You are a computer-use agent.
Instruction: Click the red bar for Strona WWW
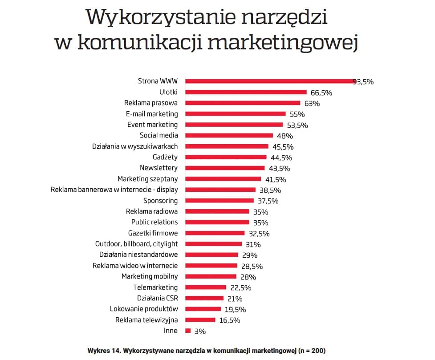coord(269,81)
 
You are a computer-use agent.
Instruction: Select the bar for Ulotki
coord(246,92)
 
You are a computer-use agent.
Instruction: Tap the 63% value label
coord(312,103)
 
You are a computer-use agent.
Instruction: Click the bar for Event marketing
coord(234,125)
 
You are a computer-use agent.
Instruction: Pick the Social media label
coord(159,135)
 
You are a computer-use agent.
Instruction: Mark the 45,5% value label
coord(282,147)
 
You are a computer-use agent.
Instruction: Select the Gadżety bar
coord(226,157)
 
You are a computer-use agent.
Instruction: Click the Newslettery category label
coord(159,168)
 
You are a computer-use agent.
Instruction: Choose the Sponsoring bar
coord(220,201)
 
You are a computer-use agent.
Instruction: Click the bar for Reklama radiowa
coord(217,211)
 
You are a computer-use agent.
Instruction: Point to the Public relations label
coord(154,222)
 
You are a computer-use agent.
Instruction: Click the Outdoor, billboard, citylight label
coord(136,244)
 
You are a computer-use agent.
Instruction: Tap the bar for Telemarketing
coord(206,287)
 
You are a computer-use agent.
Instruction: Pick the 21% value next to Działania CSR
coord(235,299)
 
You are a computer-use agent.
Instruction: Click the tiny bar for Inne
coord(188,331)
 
